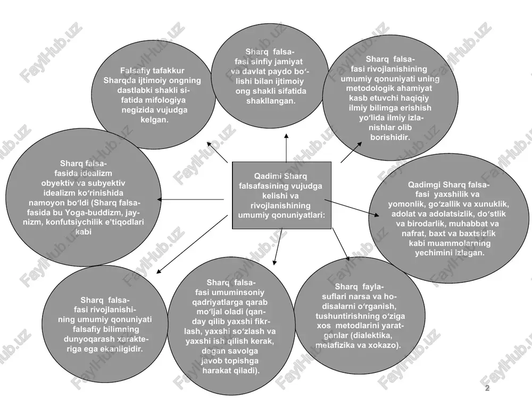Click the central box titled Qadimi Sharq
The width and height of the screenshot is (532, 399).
[281, 195]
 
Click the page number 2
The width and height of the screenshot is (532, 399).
[487, 388]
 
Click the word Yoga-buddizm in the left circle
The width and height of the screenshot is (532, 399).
[95, 213]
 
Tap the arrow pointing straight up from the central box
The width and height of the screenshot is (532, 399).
[286, 148]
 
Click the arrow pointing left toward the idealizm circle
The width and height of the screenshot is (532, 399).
[190, 199]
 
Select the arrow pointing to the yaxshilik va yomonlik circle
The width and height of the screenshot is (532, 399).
[352, 207]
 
